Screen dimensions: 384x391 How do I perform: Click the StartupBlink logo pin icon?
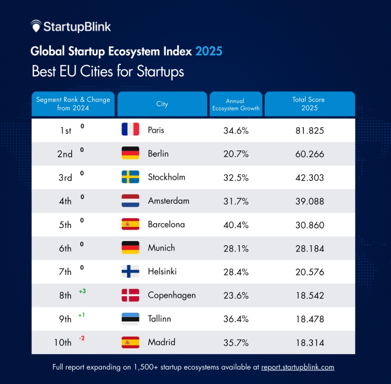tap(36, 26)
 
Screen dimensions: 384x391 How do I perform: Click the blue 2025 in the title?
tap(209, 51)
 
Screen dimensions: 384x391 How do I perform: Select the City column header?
tap(162, 104)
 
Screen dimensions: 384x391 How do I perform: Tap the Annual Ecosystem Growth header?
tap(236, 104)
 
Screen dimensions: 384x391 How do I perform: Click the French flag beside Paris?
tap(130, 129)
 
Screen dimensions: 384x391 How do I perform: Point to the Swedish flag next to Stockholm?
tap(130, 177)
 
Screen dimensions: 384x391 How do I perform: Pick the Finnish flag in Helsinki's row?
tap(130, 271)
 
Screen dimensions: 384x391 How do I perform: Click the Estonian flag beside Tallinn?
tap(130, 319)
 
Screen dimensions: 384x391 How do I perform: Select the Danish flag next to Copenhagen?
tap(130, 295)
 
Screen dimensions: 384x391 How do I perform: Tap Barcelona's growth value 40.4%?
tap(236, 225)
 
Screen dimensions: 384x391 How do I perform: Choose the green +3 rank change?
tap(82, 291)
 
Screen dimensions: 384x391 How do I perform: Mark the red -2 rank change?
tap(82, 338)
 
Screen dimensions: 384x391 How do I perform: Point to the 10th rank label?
tap(62, 343)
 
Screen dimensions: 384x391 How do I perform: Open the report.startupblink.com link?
tap(297, 367)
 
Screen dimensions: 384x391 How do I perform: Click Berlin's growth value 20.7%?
tap(236, 154)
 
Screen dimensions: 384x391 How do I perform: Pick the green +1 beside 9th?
tap(82, 315)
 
